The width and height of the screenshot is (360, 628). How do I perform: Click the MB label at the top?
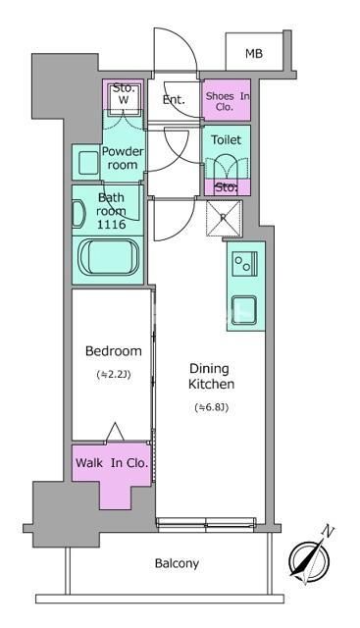[254, 53]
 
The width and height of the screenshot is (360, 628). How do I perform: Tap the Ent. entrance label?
[174, 100]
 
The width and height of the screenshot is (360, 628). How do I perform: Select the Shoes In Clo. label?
[227, 101]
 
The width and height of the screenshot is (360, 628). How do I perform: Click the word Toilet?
[227, 139]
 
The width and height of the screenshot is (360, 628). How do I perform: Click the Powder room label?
[123, 158]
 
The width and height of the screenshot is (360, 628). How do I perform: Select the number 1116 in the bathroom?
[111, 225]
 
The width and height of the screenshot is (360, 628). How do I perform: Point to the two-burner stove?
[244, 264]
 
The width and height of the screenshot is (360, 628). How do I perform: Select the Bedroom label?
[114, 351]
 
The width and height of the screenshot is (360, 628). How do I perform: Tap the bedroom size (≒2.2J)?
[114, 375]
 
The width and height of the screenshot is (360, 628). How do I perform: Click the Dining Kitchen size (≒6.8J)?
[212, 408]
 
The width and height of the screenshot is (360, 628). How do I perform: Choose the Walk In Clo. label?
[112, 463]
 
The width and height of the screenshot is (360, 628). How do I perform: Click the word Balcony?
[177, 564]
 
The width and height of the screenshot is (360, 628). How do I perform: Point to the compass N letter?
[328, 532]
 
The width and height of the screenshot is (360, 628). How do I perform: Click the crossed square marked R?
[224, 218]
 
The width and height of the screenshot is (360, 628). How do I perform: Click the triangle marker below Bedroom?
[116, 432]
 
